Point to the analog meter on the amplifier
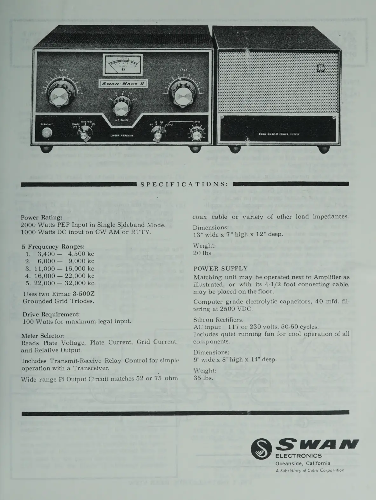tap(123, 64)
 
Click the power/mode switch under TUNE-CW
tap(84, 134)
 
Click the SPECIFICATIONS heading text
tap(184, 184)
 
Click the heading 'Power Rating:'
tap(42, 218)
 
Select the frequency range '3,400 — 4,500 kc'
tap(65, 254)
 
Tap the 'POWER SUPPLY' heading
tap(220, 268)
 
